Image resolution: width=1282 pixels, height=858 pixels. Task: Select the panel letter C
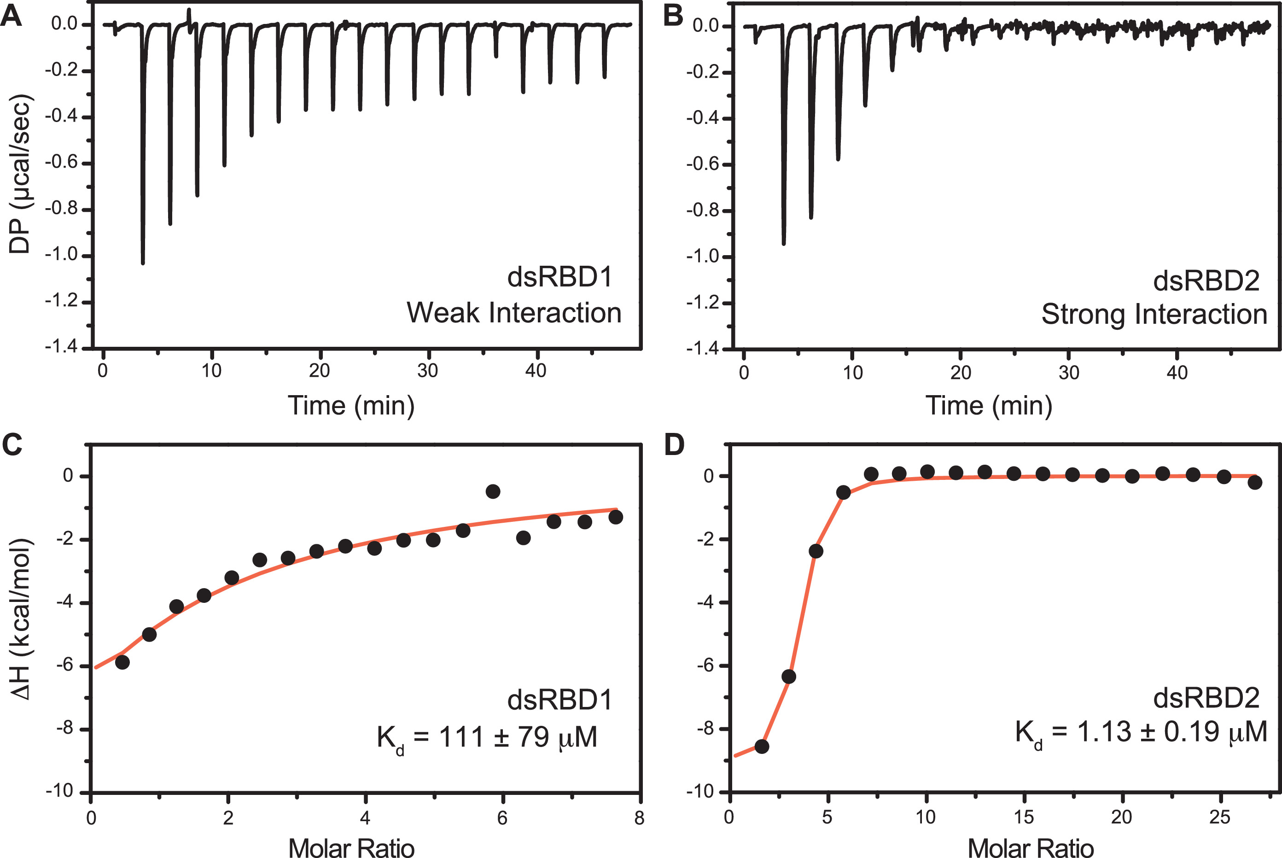coord(12,444)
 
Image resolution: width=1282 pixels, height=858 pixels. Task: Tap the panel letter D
coord(674,444)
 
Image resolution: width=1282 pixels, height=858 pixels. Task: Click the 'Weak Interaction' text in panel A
coord(514,313)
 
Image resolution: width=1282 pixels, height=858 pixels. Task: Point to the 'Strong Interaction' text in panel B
coord(1154,314)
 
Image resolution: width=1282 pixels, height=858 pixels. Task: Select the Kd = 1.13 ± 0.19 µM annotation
coord(1141,733)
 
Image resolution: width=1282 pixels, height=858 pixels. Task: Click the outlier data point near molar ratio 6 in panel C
coord(493,491)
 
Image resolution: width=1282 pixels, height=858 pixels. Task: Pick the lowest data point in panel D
coord(762,747)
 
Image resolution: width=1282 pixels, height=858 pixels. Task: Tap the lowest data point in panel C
coord(122,662)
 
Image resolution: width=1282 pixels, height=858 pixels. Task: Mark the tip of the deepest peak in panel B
coord(784,244)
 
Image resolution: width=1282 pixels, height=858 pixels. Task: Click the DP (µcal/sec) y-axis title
coord(21,174)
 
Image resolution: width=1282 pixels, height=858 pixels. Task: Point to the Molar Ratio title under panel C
coord(351,847)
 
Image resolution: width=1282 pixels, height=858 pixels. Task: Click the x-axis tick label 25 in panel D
coord(1220,817)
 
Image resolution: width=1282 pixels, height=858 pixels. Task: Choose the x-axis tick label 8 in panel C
coord(639,818)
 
